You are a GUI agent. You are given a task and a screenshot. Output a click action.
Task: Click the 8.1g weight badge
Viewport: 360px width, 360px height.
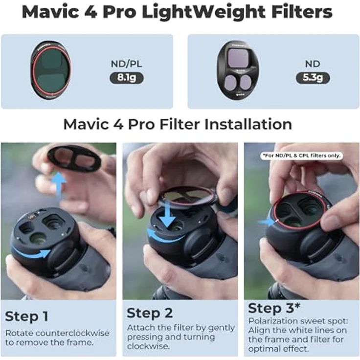click(126, 77)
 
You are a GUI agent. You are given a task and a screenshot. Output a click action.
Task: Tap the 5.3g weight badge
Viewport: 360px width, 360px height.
click(313, 77)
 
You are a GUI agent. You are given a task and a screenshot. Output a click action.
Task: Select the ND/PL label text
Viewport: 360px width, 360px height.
click(126, 63)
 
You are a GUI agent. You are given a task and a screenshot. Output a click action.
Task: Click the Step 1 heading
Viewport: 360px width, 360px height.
click(26, 316)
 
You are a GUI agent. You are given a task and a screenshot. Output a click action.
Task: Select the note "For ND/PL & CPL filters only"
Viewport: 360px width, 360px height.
click(301, 156)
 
